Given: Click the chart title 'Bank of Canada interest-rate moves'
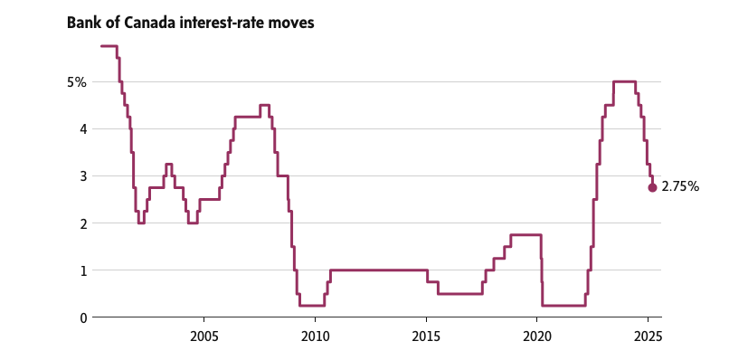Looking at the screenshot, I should coord(190,22).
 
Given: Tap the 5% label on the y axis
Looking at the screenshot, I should coord(76,82).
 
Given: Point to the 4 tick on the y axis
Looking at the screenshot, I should coord(82,129).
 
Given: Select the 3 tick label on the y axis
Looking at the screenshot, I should coord(82,176).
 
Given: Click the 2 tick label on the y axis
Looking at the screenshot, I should coord(82,223).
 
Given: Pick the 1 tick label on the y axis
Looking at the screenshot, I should coord(82,270).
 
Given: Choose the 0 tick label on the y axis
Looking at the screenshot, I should coord(82,317).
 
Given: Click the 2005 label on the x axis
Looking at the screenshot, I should coord(204,336).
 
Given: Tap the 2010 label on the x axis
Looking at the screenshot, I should coord(315,336).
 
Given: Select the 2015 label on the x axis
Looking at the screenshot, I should coord(426,336).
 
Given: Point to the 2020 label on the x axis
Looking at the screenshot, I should coord(537,336).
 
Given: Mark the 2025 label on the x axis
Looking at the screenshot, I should coord(648,336).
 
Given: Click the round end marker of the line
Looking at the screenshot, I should coord(652,187).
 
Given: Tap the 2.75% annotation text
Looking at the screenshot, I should coord(680,187).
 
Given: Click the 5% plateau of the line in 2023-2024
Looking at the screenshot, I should coord(624,81).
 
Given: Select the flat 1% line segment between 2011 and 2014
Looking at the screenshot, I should coord(380,270).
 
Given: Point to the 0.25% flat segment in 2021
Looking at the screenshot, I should coord(563,305).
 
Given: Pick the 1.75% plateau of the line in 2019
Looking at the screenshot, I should coord(525,234).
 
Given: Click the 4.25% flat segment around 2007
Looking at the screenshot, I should coord(247,117).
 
